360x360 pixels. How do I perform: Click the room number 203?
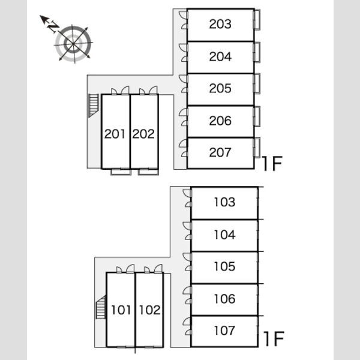tap(220, 24)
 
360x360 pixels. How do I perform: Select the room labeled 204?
tap(220, 56)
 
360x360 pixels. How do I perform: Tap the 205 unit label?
tap(220, 88)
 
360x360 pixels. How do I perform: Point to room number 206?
tap(220, 121)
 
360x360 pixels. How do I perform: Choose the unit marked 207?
tap(220, 152)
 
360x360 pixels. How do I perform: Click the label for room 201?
tap(115, 134)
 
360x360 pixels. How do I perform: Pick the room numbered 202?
tap(143, 134)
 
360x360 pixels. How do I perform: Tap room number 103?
tap(224, 202)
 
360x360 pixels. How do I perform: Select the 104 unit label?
tap(224, 235)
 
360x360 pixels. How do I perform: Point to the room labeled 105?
tap(224, 266)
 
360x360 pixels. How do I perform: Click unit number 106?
tap(224, 299)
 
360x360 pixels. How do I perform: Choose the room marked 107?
tap(224, 331)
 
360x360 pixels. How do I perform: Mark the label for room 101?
tap(121, 310)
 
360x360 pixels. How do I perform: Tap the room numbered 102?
tap(149, 310)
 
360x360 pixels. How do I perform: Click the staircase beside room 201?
tap(94, 106)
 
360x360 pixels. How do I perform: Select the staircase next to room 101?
tap(100, 307)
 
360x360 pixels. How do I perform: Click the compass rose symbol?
tap(73, 44)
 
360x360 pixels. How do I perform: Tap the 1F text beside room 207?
tap(272, 163)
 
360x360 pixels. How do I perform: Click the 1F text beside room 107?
tap(274, 339)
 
